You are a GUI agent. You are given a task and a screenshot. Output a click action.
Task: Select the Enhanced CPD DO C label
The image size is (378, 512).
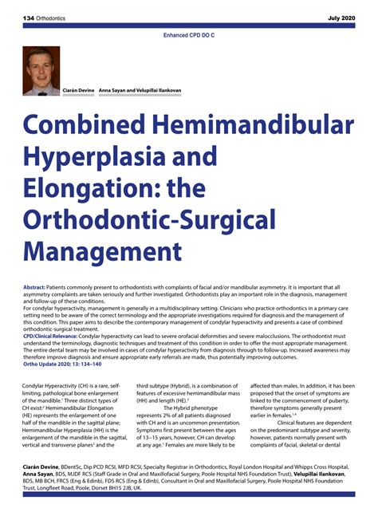(x=189, y=36)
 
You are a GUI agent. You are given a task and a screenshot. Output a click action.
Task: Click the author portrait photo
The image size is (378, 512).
(x=41, y=71)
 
